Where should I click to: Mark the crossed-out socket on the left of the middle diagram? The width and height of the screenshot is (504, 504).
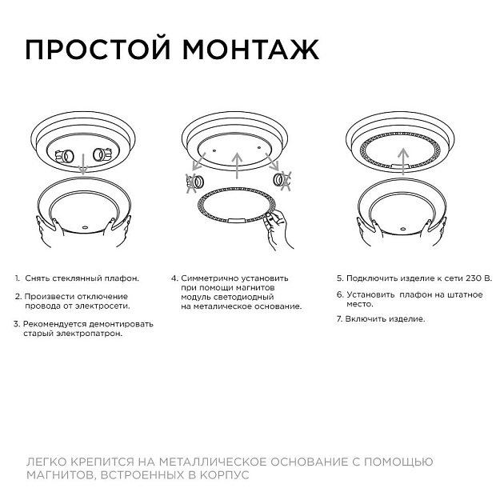tap(193, 183)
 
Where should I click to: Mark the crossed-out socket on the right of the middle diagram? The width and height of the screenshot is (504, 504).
tap(282, 181)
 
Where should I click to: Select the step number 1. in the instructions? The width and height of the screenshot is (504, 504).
tap(17, 278)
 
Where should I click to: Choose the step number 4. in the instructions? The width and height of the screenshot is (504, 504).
tap(174, 278)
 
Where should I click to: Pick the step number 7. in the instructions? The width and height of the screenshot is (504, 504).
tap(339, 318)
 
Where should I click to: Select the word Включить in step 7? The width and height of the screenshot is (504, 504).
tap(364, 318)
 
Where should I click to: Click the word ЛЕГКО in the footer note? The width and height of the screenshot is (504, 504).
tap(46, 462)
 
